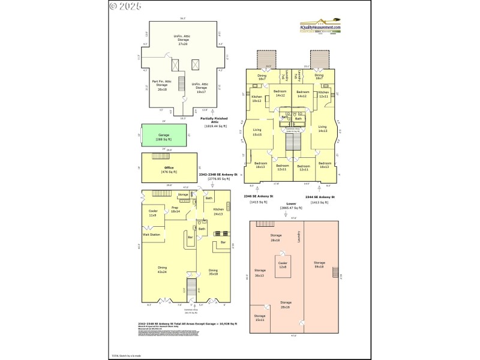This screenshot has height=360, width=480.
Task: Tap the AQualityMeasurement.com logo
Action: click(320, 27)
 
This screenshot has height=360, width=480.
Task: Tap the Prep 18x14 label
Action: click(176, 210)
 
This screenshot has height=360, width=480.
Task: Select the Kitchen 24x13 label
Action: click(218, 212)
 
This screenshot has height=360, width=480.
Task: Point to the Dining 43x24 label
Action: click(161, 269)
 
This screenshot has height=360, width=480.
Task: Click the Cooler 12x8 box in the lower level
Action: click(282, 265)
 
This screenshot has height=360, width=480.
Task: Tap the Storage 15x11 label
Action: click(259, 318)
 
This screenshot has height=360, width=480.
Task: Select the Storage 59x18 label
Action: click(319, 264)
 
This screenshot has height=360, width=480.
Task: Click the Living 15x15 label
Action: click(257, 133)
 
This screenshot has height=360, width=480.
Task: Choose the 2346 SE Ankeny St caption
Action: click(259, 197)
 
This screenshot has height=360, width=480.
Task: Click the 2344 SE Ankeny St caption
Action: click(320, 197)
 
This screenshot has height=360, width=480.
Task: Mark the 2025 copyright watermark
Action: click(125, 7)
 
